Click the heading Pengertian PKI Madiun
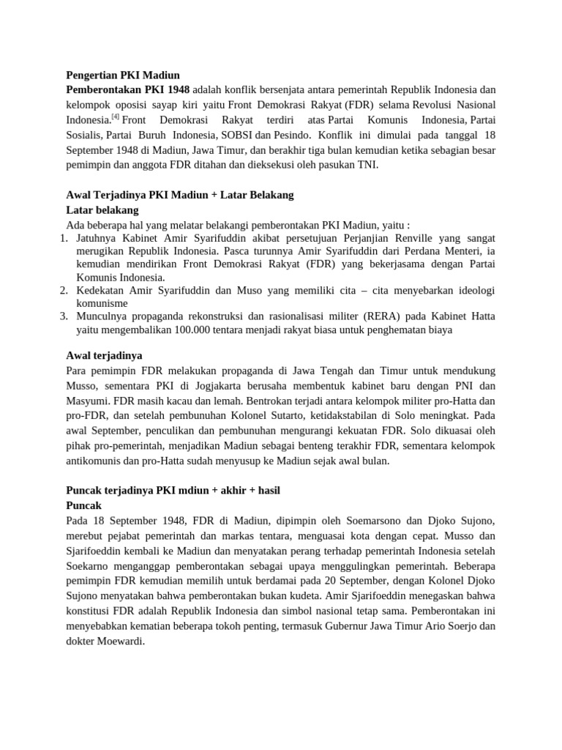pos(123,75)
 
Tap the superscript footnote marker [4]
pos(116,116)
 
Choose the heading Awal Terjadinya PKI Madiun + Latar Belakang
pos(180,195)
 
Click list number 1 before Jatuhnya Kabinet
pos(63,238)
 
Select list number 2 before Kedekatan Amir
pos(63,291)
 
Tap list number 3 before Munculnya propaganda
pos(63,316)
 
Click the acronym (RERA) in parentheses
pos(376,316)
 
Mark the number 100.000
pos(195,330)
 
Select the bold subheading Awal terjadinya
pos(104,356)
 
